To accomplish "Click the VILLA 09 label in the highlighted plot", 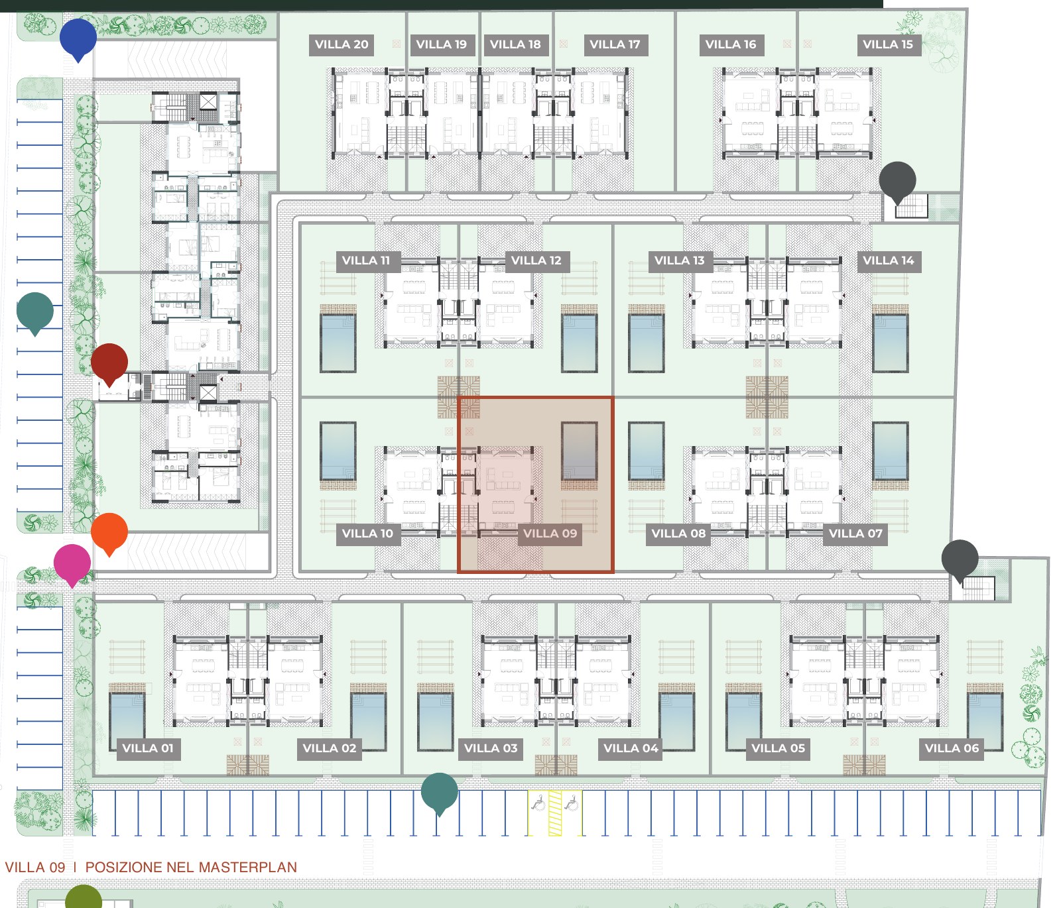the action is pos(550,534).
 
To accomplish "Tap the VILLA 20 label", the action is pos(342,44).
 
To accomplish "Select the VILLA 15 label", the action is pos(888,44).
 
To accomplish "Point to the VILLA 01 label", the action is pos(148,748).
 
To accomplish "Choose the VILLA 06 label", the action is pos(952,748).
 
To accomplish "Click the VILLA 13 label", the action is pos(679,260).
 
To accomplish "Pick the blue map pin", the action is pos(78,39).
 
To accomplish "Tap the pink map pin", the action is pos(72,565).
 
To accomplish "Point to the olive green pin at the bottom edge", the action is pos(84,896).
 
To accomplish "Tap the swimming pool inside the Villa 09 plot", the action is pos(580,451).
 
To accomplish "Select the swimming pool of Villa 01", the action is pos(127,722).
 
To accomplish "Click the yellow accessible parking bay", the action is pos(555,813).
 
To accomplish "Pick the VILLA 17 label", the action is pos(615,44).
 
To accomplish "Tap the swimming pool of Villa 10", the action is pos(338,451).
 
